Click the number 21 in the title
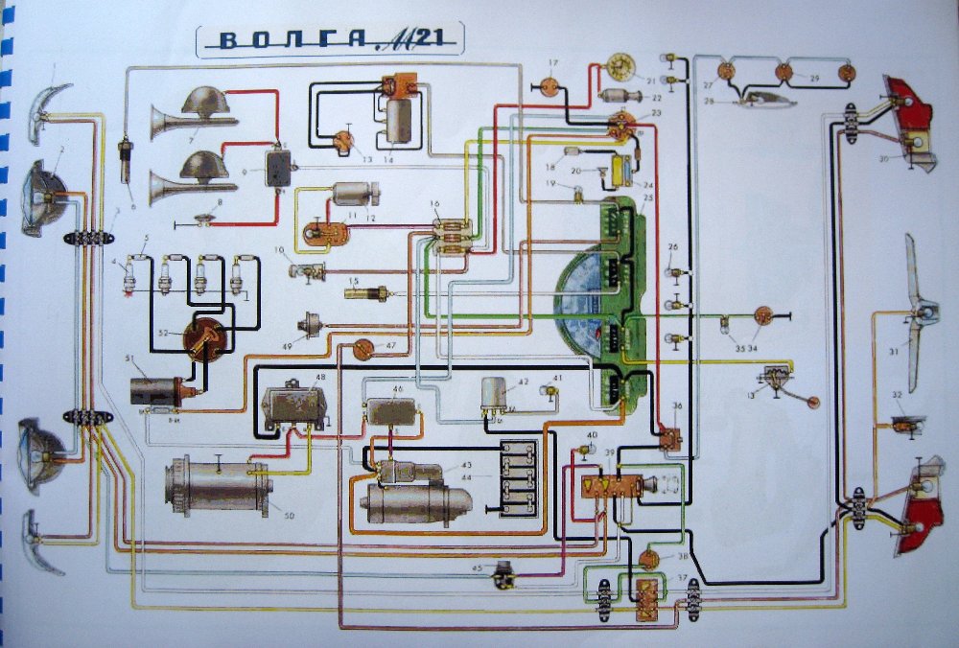pyautogui.click(x=436, y=38)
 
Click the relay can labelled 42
pyautogui.click(x=496, y=390)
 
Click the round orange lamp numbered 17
pyautogui.click(x=550, y=86)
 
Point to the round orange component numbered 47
pyautogui.click(x=363, y=349)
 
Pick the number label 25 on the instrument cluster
pyautogui.click(x=648, y=197)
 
